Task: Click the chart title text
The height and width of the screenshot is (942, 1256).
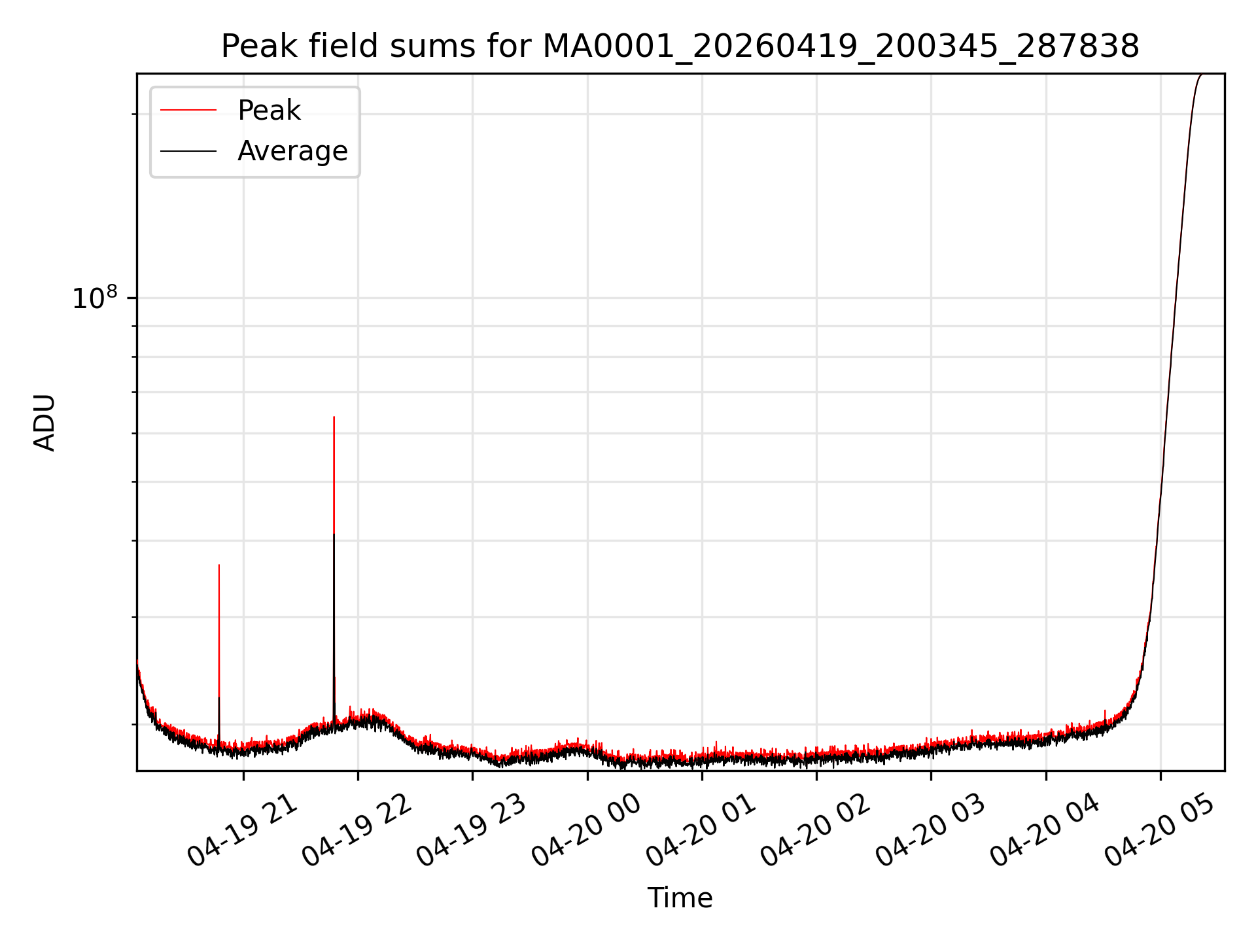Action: (x=680, y=47)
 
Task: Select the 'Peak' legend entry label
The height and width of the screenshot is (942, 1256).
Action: (x=269, y=111)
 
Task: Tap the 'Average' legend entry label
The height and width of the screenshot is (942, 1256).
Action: (x=292, y=151)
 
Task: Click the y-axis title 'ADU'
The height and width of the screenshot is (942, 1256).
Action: (x=44, y=423)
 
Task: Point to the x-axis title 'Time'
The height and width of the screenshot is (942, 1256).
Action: (x=680, y=898)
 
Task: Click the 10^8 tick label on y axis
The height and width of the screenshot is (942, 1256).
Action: (x=96, y=298)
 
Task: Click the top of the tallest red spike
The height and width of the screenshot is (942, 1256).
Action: (x=334, y=417)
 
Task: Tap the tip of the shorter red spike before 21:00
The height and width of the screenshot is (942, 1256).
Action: (x=219, y=565)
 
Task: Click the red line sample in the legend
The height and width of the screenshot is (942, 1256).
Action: (x=188, y=111)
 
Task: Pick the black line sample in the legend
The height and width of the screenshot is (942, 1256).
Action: (x=188, y=151)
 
